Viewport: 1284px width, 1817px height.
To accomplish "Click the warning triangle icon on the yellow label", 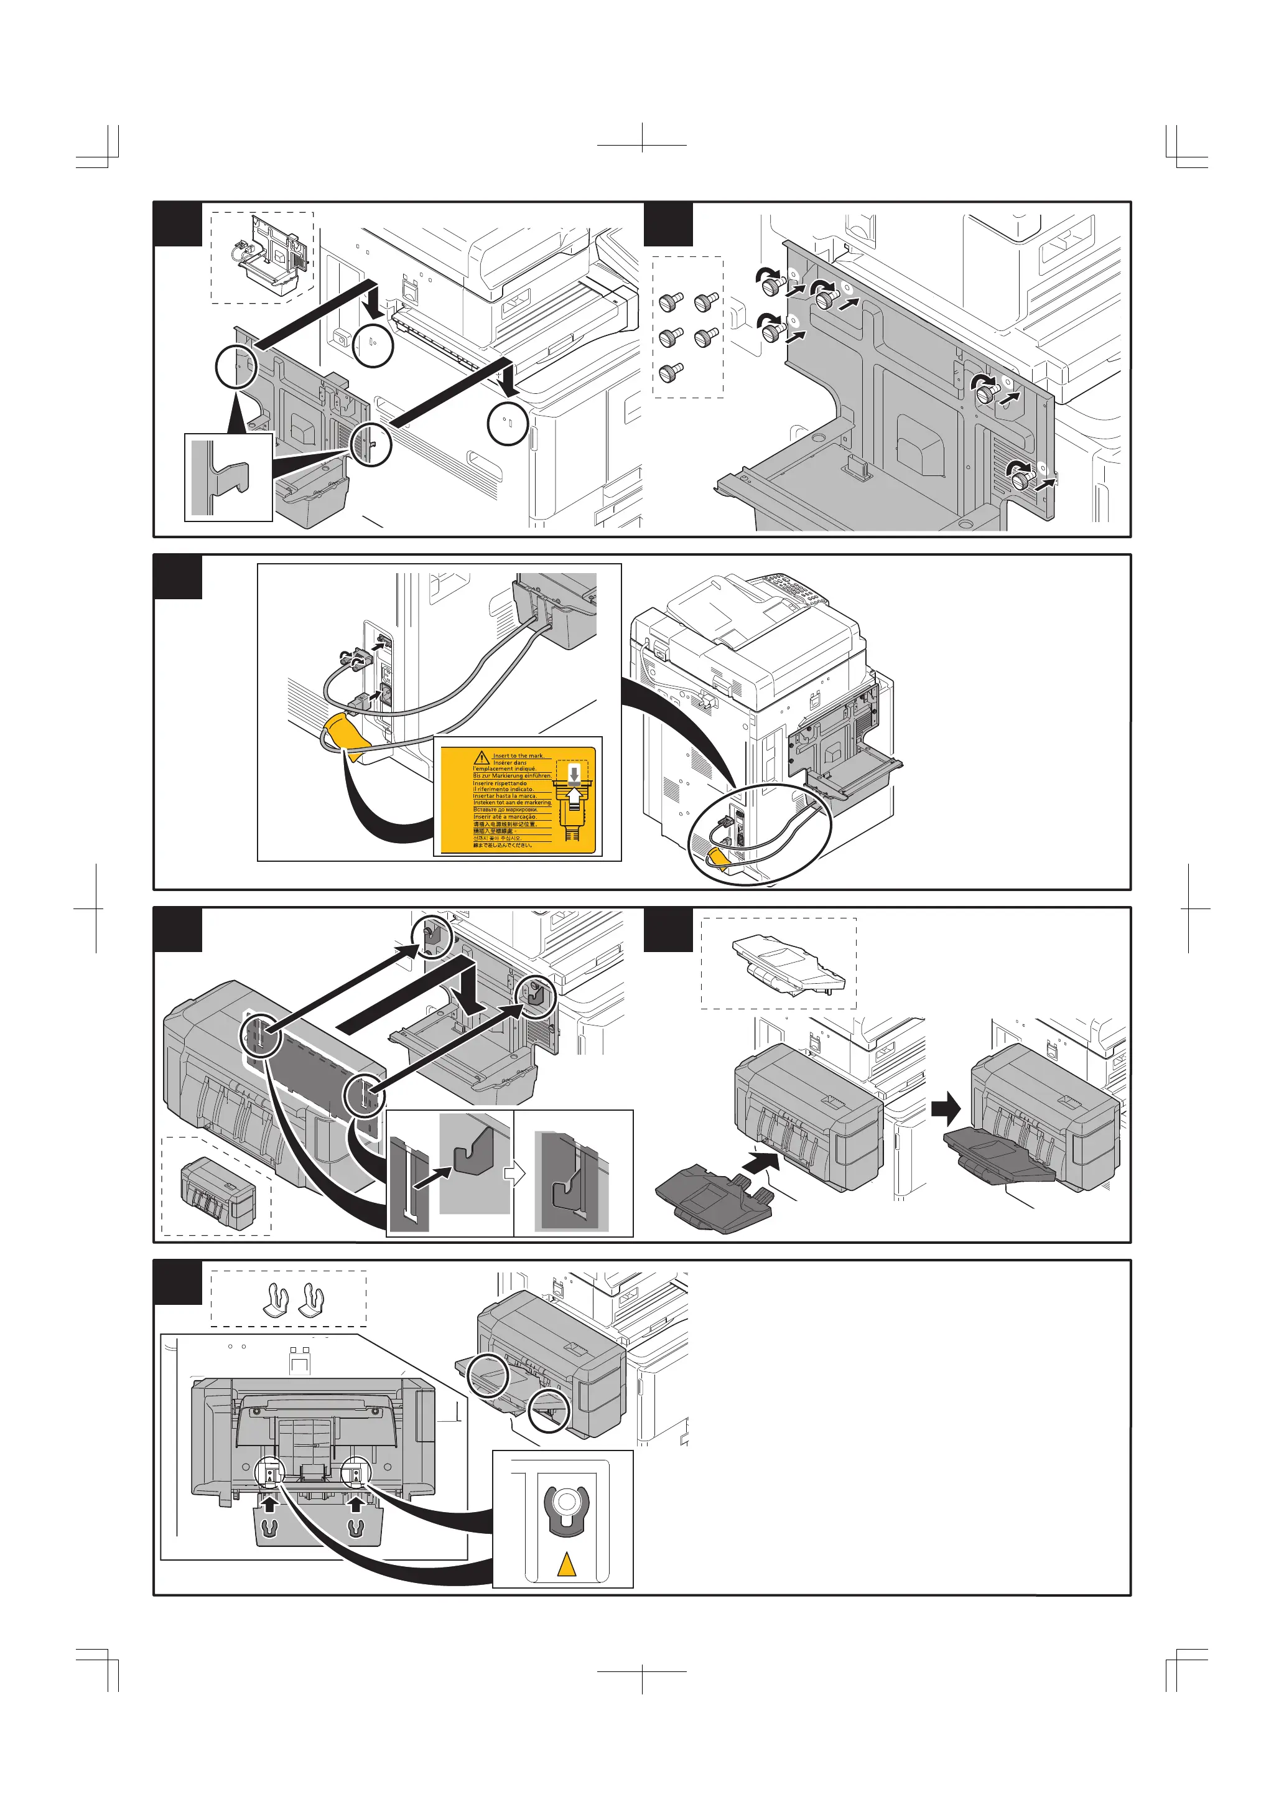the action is pos(481,757).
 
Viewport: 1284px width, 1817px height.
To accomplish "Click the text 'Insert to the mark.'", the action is pos(518,756).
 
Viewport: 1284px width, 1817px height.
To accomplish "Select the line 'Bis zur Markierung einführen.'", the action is pos(512,775).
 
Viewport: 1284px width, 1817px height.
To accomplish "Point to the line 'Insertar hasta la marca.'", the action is pos(505,796).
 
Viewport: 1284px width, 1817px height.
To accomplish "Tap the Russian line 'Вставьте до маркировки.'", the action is pos(506,810).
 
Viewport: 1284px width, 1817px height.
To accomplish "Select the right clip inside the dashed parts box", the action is pos(312,1299).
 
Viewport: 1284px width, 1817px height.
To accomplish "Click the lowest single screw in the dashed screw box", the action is pos(671,370).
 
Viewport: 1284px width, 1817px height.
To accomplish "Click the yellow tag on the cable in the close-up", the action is pos(347,733).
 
